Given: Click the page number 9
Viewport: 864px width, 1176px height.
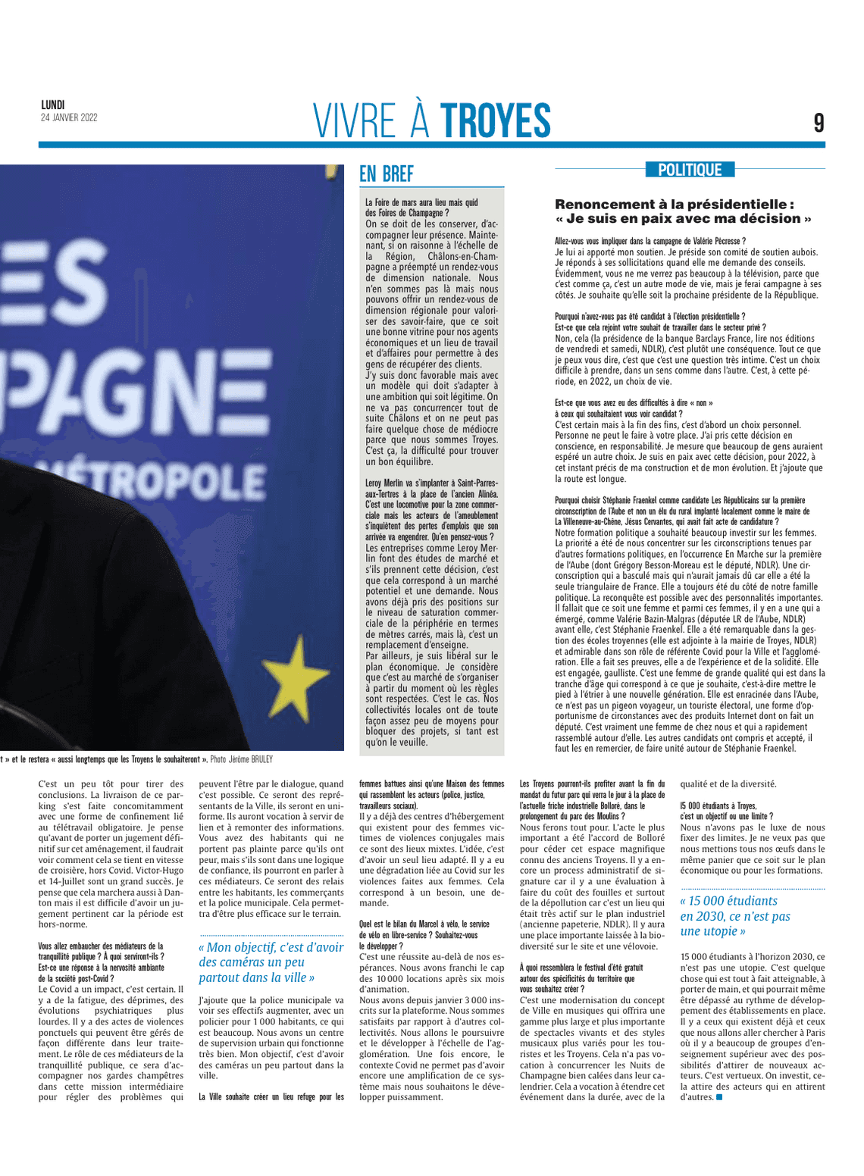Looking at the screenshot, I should [x=819, y=123].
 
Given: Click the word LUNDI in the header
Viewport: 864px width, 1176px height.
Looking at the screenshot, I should [x=53, y=105].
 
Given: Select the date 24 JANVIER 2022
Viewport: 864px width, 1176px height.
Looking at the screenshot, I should [x=69, y=117].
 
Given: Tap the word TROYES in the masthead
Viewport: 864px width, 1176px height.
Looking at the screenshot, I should [x=496, y=121].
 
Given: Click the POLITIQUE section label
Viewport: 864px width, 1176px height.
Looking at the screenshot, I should [x=690, y=170].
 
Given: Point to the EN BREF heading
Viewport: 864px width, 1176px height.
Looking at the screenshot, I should [x=387, y=174].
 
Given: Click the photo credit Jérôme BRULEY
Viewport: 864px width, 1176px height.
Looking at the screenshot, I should [x=252, y=759].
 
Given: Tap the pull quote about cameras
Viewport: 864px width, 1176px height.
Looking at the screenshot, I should [x=271, y=962].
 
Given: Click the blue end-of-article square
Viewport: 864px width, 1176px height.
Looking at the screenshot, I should [x=719, y=1096].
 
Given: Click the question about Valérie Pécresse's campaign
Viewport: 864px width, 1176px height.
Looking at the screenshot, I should [x=650, y=241].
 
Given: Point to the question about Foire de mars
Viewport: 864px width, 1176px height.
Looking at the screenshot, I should [x=421, y=208].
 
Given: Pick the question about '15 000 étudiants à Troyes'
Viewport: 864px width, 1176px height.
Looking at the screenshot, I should [x=726, y=811].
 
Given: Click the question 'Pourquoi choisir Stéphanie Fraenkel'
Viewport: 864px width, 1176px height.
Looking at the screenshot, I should [x=680, y=511].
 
